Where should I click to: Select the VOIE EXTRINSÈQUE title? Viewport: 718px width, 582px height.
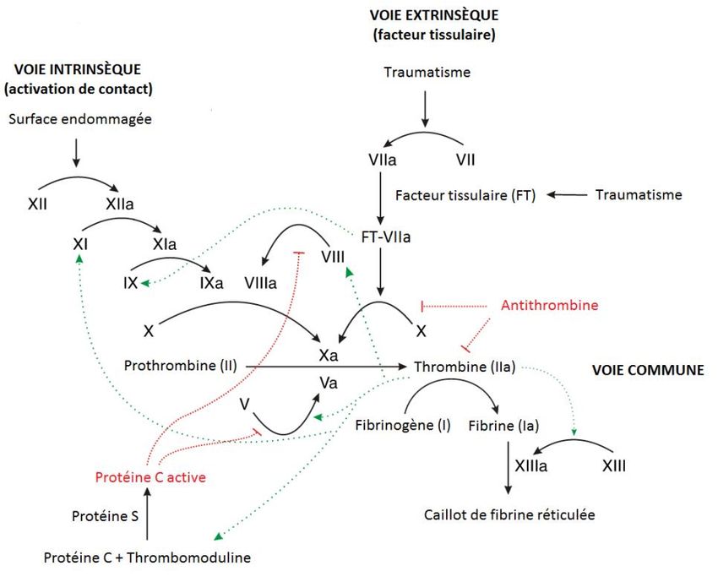pos(433,15)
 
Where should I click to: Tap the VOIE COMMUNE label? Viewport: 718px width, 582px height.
pos(648,370)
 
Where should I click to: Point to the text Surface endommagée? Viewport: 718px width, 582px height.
pos(80,119)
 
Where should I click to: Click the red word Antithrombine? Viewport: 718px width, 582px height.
pos(549,305)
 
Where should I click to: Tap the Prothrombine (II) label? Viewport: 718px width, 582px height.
pos(180,366)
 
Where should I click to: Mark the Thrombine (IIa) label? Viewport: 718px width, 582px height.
pos(465,367)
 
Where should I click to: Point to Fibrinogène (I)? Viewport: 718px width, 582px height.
pos(402,425)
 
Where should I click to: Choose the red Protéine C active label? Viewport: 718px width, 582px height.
pos(150,477)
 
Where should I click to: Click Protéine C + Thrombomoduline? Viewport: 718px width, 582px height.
pos(147,558)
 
